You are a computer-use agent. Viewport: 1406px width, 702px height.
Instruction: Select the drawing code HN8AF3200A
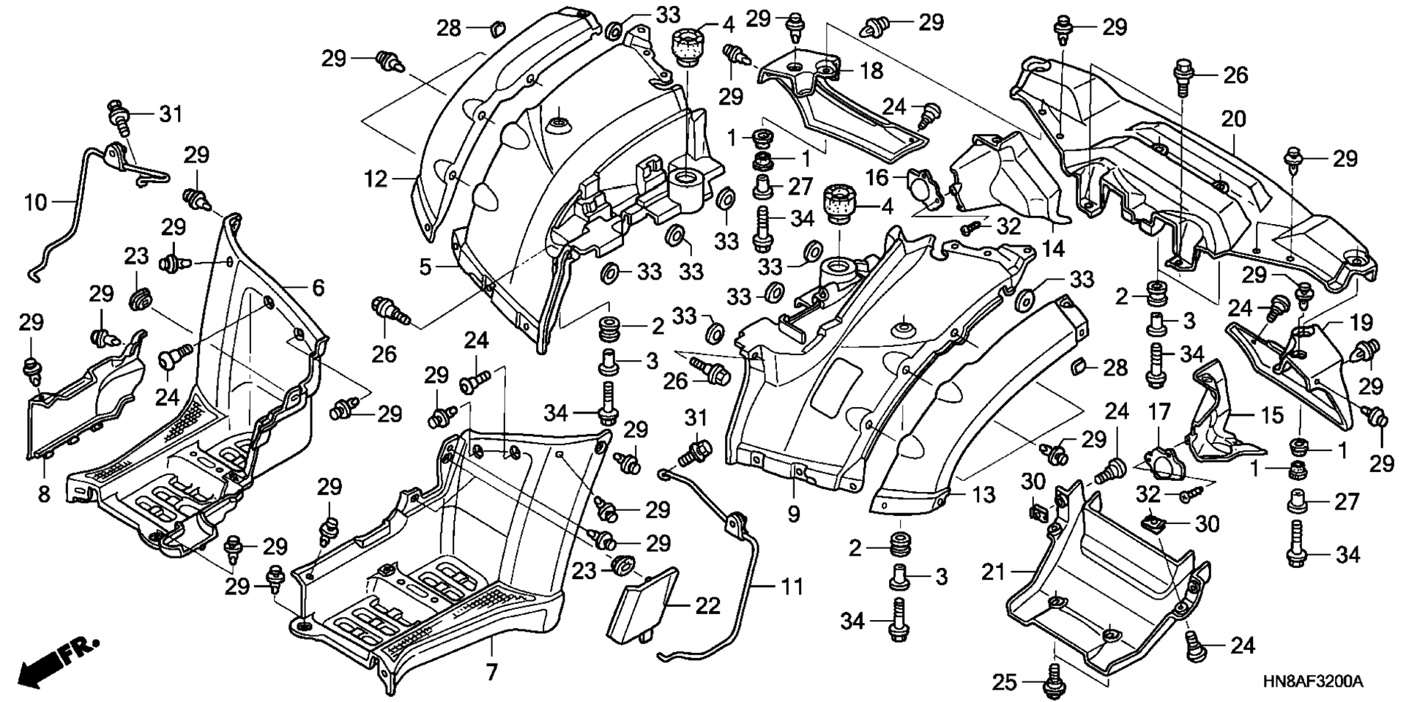tap(1312, 682)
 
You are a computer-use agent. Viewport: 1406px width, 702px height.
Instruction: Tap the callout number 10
tap(35, 202)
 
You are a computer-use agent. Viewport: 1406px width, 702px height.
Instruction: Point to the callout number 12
tap(376, 179)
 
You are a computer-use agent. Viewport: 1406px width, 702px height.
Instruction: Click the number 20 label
tap(1233, 119)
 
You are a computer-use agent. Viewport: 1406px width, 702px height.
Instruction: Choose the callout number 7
tap(491, 671)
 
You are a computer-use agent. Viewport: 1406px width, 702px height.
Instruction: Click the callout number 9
tap(795, 515)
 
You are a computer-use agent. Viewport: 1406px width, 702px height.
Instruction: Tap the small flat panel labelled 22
tap(641, 602)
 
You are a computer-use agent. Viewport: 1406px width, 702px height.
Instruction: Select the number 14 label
tap(1053, 249)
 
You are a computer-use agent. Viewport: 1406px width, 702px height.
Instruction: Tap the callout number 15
tap(1271, 416)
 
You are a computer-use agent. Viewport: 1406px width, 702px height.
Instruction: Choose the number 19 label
tap(1340, 323)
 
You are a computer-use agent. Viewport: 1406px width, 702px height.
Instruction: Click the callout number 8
tap(44, 495)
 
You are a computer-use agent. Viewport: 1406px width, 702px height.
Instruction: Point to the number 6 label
tap(317, 288)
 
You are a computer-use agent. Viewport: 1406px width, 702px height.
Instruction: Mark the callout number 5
tap(425, 266)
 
